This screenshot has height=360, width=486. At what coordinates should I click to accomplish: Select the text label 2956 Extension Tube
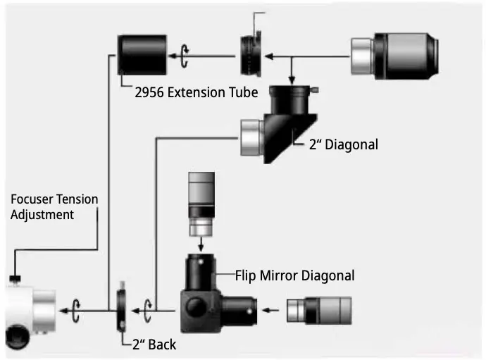pyautogui.click(x=196, y=92)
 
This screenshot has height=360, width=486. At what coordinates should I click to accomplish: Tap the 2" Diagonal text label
pyautogui.click(x=344, y=144)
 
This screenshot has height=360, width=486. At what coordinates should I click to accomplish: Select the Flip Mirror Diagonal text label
pyautogui.click(x=294, y=275)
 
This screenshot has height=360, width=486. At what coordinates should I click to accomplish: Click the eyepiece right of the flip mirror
pyautogui.click(x=319, y=309)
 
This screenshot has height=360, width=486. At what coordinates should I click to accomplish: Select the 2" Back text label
pyautogui.click(x=154, y=345)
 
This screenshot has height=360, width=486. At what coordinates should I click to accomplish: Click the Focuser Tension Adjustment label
pyautogui.click(x=54, y=207)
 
